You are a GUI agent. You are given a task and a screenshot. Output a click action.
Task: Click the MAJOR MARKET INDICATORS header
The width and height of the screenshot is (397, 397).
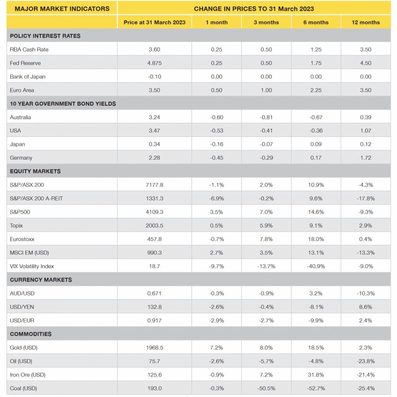coord(60,8)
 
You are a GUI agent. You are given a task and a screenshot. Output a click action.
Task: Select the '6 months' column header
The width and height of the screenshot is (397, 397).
coord(316,22)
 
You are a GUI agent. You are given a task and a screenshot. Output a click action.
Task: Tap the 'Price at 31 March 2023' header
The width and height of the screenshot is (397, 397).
coord(154,22)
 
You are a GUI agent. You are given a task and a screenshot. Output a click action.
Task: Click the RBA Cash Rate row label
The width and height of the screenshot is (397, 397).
coord(29,49)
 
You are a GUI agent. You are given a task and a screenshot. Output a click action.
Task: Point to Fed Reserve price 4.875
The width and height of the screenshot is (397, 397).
coord(154,63)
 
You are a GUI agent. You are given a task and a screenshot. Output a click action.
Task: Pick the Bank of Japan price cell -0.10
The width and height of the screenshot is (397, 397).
coord(154,76)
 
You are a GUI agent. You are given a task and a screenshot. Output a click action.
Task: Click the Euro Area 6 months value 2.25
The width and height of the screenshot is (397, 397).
coord(316,90)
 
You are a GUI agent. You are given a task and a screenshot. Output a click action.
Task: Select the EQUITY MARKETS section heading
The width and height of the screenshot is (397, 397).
coord(35,171)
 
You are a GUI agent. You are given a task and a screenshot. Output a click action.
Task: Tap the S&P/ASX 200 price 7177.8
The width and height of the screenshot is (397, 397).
coord(154,185)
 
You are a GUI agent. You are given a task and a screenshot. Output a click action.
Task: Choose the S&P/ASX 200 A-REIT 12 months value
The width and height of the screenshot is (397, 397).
coord(366,198)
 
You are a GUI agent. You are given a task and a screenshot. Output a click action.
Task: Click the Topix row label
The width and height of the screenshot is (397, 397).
coord(16,226)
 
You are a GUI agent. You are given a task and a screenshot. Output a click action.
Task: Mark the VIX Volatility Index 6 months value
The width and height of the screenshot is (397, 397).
coord(316,266)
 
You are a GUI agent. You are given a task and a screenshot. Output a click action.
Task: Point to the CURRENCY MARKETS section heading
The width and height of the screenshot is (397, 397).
coord(41,280)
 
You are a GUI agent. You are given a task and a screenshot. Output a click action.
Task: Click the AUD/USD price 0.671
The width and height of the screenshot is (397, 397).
coord(154,293)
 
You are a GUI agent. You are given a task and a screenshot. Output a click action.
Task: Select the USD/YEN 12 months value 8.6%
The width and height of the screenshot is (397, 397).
coord(366,307)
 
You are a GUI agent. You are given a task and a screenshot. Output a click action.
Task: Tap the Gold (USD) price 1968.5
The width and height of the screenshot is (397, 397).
coord(154,348)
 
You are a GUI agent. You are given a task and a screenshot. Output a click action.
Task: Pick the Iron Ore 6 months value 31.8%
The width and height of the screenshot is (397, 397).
coord(316,375)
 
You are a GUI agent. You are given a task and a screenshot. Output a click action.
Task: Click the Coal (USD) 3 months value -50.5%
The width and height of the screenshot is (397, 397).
coord(266,388)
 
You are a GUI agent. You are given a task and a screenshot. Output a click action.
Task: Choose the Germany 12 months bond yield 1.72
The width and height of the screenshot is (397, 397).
coord(366,158)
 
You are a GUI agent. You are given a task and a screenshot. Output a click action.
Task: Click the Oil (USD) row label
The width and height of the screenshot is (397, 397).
coord(22,361)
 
